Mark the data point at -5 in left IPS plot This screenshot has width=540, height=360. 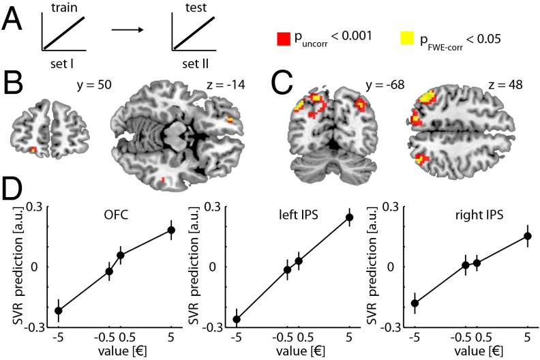237,319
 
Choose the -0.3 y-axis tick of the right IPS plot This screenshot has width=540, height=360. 396,327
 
